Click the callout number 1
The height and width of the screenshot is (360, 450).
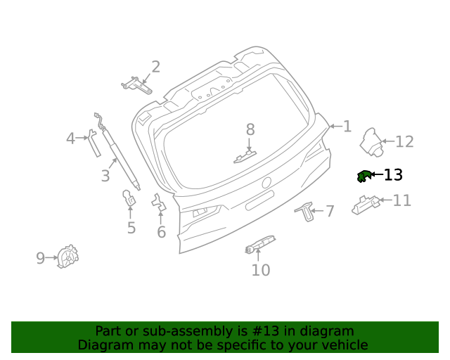click(347, 127)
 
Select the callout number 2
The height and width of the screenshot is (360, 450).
click(155, 67)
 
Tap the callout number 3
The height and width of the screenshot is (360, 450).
click(105, 176)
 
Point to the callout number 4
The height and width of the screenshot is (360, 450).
click(70, 139)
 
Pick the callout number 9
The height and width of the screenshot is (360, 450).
click(40, 258)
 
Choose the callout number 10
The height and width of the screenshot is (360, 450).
click(260, 270)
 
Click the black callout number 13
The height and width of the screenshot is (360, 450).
click(393, 174)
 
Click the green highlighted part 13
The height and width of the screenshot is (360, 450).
click(364, 176)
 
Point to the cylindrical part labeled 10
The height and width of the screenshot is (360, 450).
click(259, 244)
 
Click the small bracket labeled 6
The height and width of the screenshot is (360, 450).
click(159, 204)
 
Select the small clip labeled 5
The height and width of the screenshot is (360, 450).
click(130, 198)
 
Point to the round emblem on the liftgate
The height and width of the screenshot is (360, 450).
click(266, 183)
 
